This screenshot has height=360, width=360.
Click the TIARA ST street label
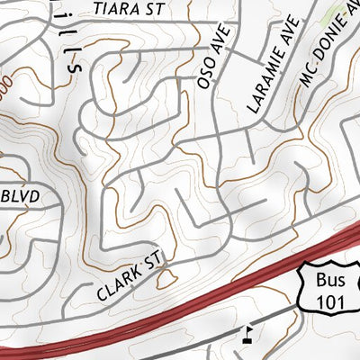[x=128, y=9]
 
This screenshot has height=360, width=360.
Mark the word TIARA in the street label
[x=115, y=9]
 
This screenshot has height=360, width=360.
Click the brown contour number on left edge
[x=4, y=85]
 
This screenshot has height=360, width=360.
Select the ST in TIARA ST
[x=152, y=9]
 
